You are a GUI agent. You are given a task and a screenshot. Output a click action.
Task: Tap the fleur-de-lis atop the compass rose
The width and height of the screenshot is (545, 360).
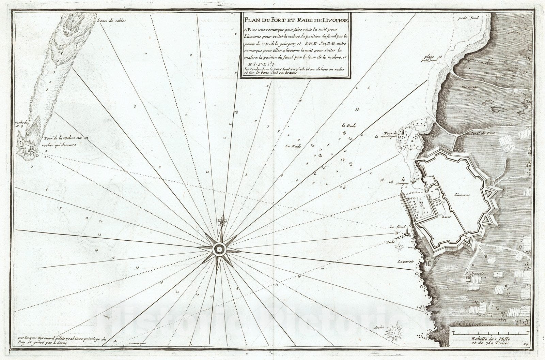222,221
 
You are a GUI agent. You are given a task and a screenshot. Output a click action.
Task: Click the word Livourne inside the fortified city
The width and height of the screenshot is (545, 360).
462,195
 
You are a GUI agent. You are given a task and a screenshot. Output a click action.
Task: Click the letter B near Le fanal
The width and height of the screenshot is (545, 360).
396,233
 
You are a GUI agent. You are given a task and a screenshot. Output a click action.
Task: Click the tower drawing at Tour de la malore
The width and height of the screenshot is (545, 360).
31,148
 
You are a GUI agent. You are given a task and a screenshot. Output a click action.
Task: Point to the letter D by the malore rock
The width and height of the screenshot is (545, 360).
37,156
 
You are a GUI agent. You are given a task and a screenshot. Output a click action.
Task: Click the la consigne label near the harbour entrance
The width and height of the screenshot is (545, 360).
404,181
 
